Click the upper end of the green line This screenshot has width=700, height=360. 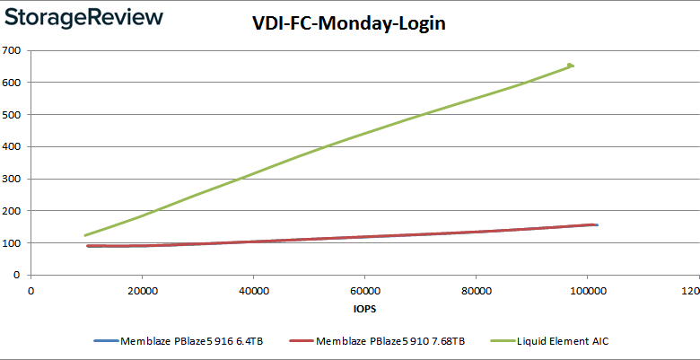coord(571,66)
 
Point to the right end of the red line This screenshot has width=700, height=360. coord(593,224)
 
